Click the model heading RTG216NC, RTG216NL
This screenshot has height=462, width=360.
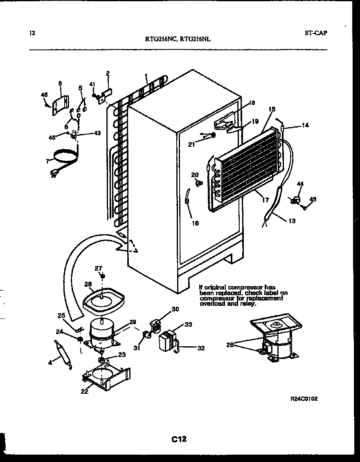pos(178,40)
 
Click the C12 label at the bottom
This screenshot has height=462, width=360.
pos(179,440)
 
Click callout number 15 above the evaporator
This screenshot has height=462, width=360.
pos(272,109)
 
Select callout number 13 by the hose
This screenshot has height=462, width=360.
pos(291,221)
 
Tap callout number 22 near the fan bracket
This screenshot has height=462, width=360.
pos(84,390)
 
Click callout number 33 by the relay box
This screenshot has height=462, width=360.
pos(188,325)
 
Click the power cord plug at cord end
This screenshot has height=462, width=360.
pos(53,174)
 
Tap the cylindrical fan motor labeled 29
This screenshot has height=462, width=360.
pos(101,332)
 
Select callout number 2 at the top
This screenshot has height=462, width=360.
pos(108,74)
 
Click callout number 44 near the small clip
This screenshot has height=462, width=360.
pos(300,184)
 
